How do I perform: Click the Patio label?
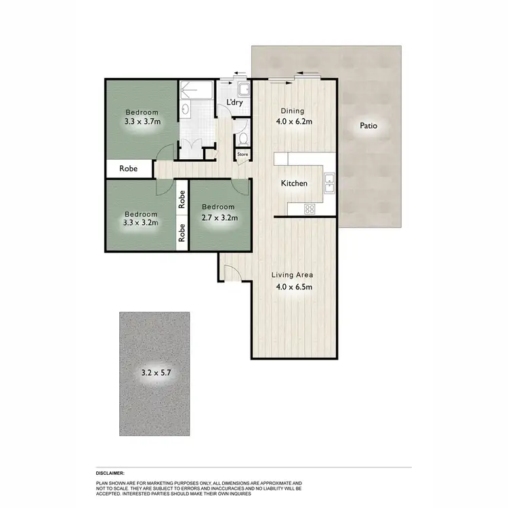tap(368, 126)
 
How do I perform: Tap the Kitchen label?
tap(294, 184)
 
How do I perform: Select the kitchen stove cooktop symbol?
tap(310, 209)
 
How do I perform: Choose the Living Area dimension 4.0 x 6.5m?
tap(292, 287)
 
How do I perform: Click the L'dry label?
tap(234, 103)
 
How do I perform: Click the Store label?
tap(242, 155)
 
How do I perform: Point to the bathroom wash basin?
tap(185, 109)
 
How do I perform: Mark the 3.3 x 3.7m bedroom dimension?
tap(142, 123)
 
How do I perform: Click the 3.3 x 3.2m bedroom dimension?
tap(141, 222)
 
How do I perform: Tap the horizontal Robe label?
tap(129, 169)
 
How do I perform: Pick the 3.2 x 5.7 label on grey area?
tap(155, 372)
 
